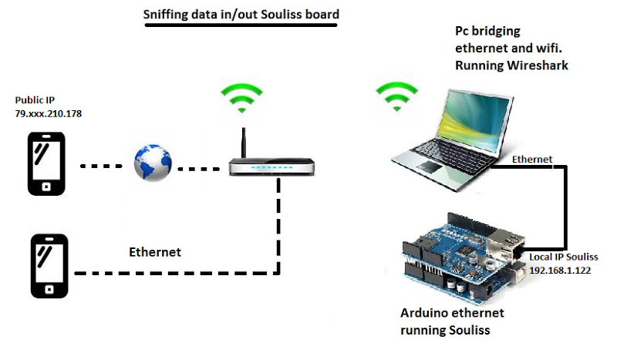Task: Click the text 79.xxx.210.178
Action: click(x=49, y=114)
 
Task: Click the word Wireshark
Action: click(x=536, y=66)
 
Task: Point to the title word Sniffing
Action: click(x=170, y=15)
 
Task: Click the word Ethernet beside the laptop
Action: click(x=532, y=160)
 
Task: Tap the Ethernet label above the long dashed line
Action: click(x=154, y=252)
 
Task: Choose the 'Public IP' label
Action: click(x=35, y=100)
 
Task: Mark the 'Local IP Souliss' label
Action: click(x=564, y=257)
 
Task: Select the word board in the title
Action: click(x=321, y=15)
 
